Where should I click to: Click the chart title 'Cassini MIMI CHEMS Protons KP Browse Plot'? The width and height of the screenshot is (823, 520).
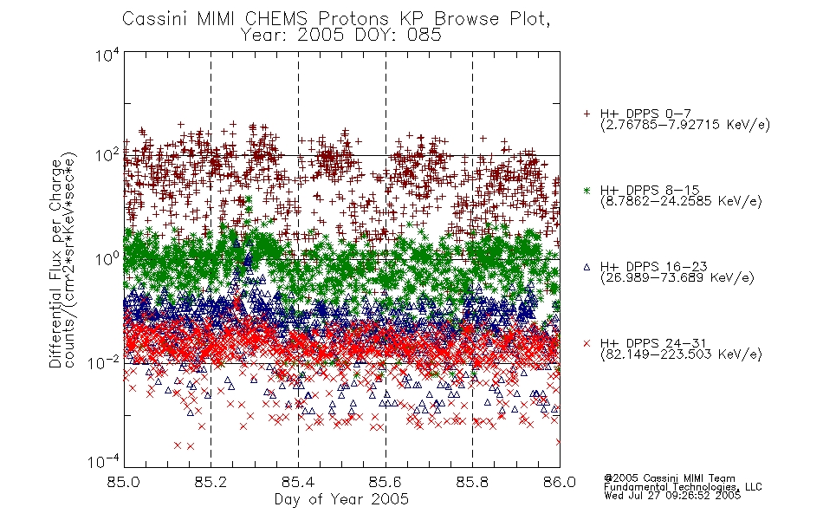pos(336,19)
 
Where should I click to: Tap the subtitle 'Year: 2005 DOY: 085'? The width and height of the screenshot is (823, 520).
pos(341,36)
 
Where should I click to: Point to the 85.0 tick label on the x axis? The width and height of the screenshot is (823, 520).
pos(123,482)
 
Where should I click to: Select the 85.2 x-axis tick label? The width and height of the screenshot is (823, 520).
pos(211,482)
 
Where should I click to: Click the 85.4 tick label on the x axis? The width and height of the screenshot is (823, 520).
pos(298,482)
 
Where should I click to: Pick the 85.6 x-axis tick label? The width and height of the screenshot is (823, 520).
pos(386,482)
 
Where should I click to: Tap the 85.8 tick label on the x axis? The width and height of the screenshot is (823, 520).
pos(472,482)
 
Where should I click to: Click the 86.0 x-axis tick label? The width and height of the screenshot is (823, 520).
pos(560,482)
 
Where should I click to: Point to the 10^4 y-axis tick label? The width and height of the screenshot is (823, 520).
pos(107,55)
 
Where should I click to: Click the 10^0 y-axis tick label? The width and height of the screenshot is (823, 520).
pos(107,259)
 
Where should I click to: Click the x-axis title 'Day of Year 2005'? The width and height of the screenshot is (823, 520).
pos(341,499)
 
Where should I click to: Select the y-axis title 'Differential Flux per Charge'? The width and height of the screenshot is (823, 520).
pos(56,263)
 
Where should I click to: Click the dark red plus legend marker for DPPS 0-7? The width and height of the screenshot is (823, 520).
pos(586,114)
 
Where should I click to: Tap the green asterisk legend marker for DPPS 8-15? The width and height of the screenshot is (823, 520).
pos(586,190)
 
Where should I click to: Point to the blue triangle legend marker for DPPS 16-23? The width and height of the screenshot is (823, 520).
pos(586,267)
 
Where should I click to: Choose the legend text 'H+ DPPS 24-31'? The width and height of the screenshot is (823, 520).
pos(653,343)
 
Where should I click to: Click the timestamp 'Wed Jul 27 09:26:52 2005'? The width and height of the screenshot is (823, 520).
pos(672,495)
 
